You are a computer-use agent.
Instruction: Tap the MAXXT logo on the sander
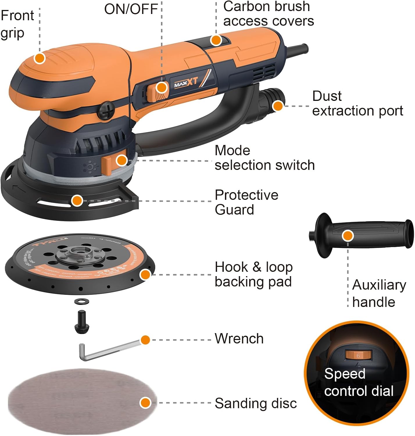(x=186, y=83)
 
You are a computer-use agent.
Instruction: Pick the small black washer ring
(x=82, y=301)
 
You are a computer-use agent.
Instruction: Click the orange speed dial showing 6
(x=358, y=355)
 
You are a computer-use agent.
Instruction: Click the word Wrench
(x=239, y=339)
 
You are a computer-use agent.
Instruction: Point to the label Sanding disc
(x=256, y=403)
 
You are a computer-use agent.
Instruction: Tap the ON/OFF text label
(x=131, y=9)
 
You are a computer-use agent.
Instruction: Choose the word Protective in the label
(x=246, y=195)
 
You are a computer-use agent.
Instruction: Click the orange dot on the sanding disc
(x=145, y=403)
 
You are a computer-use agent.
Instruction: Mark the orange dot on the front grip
(x=40, y=58)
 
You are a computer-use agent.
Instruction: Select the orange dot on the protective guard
(x=77, y=201)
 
